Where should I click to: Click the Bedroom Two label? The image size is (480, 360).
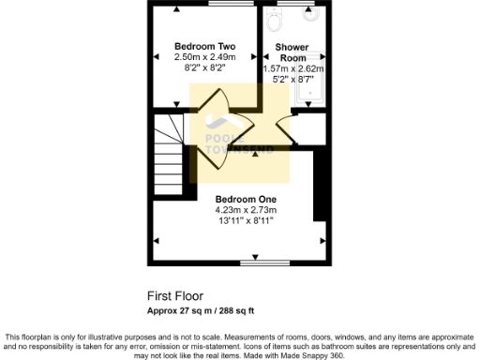(x=204, y=46)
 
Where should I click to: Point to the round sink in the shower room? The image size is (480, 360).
(x=309, y=16)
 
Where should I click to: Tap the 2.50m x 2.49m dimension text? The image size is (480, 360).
(x=204, y=57)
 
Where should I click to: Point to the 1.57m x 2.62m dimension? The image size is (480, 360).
(x=292, y=68)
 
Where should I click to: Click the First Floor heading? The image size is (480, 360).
(x=175, y=294)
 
